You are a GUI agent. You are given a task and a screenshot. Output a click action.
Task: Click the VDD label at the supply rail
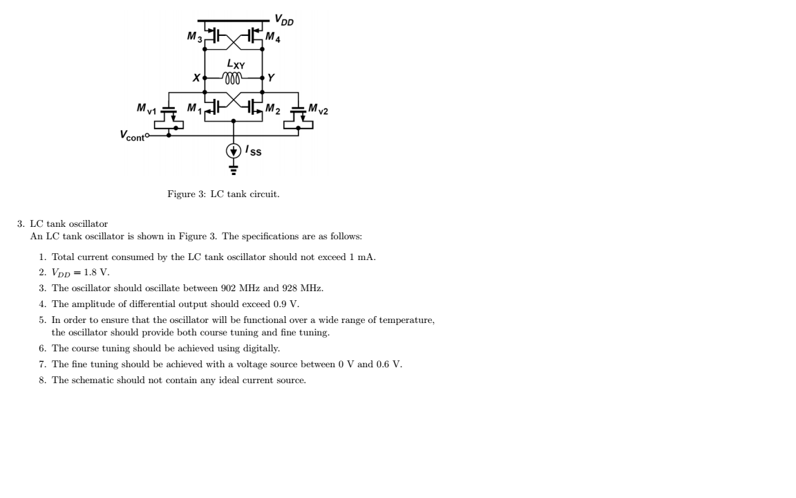[x=283, y=19]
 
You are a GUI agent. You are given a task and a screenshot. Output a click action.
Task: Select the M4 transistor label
[x=274, y=37]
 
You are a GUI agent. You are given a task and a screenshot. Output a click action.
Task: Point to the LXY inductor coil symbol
[x=233, y=79]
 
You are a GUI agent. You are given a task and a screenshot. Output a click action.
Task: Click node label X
[x=197, y=78]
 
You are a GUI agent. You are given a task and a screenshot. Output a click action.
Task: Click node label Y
[x=271, y=78]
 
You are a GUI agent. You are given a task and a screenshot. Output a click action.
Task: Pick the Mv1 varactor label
[x=146, y=109]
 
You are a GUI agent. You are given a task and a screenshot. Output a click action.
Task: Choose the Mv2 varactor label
[x=319, y=109]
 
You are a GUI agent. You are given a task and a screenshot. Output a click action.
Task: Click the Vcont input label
[x=132, y=136]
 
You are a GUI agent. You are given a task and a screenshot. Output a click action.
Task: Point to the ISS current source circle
[x=233, y=150]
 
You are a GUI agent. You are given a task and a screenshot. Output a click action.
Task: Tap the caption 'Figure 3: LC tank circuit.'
[x=223, y=194]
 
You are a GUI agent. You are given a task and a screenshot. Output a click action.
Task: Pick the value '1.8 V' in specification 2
[x=97, y=273]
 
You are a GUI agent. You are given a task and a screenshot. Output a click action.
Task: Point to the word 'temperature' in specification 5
[x=408, y=320]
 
